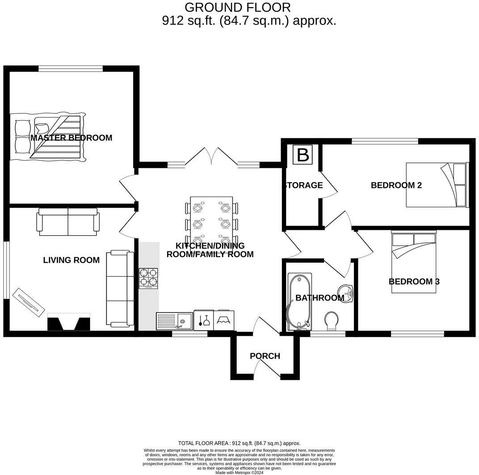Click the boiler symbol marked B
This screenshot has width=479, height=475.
tap(303, 155)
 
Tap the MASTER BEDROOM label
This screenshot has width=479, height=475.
tap(71, 138)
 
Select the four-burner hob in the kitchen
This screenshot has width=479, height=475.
tap(148, 278)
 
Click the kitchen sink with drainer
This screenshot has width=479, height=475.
tap(174, 321)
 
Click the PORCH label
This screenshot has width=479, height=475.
tap(265, 356)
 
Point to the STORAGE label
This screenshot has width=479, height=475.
tap(303, 185)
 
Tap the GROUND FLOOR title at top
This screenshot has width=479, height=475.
tap(237, 7)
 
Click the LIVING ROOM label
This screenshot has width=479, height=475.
tap(71, 260)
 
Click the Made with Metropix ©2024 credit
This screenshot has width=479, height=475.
tap(239, 472)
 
